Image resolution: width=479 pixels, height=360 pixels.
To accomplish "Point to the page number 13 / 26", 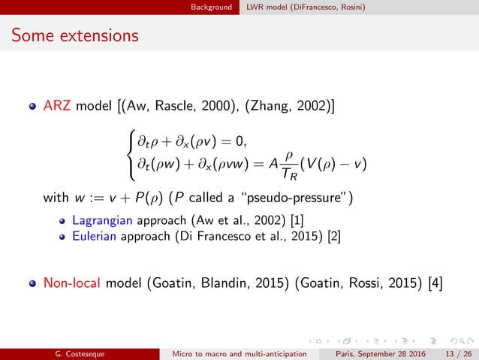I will (451, 352).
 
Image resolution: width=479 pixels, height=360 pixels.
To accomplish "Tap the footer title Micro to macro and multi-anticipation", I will (242, 352).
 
